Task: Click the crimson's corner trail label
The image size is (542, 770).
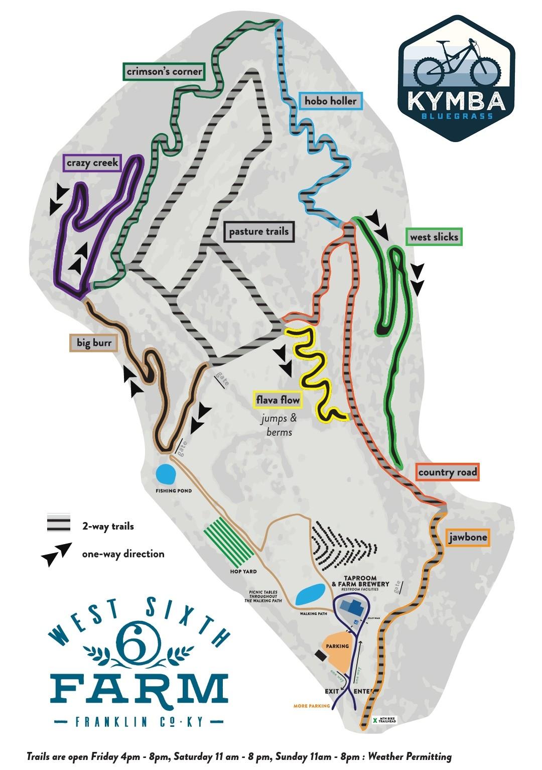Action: pos(164,71)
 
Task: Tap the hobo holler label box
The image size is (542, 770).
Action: pos(330,101)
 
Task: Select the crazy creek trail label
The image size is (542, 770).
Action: pos(92,162)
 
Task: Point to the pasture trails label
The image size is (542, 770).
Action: pos(259,231)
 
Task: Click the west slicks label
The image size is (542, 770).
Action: pos(434,236)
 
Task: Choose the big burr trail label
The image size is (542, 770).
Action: pos(93,343)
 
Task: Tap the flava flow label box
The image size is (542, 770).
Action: pos(278,400)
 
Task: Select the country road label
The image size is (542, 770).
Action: pos(448,472)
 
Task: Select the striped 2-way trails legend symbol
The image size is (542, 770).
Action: pos(58,523)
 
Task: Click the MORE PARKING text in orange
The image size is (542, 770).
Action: pos(312,706)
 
